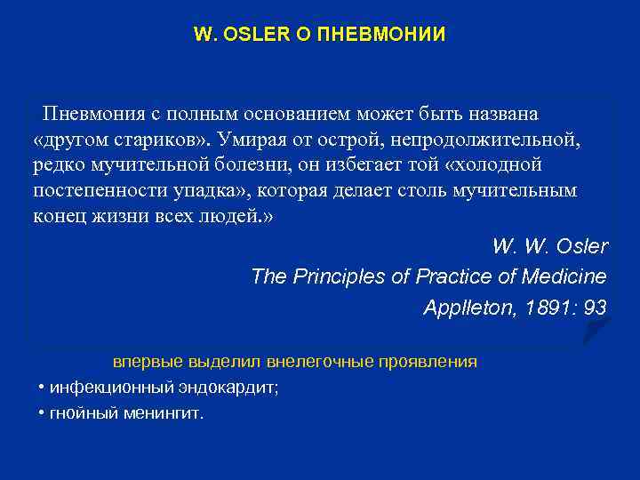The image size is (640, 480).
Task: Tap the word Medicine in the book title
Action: (x=566, y=276)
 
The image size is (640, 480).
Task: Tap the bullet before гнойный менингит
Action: (x=43, y=414)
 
